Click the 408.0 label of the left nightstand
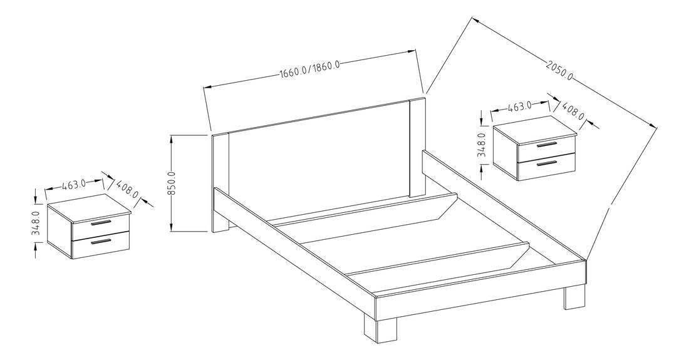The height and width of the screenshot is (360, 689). pyautogui.click(x=128, y=190)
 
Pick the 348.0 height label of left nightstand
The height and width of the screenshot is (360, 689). pyautogui.click(x=36, y=222)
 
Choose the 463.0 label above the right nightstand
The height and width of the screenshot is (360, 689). pyautogui.click(x=519, y=106)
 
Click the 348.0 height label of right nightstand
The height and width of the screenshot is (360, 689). pyautogui.click(x=481, y=143)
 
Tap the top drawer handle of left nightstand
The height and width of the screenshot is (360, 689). pyautogui.click(x=100, y=224)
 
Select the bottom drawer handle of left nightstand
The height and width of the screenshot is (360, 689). pyautogui.click(x=100, y=241)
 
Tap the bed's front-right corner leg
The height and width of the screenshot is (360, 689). pyautogui.click(x=574, y=298)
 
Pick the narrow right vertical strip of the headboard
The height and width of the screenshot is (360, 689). pyautogui.click(x=417, y=147)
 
